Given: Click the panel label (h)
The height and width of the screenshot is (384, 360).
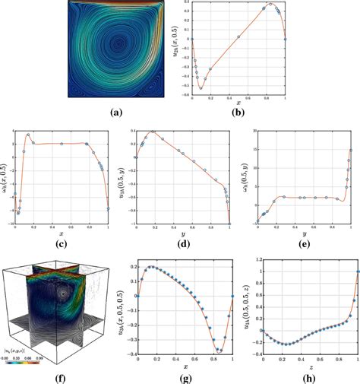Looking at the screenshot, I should [x=308, y=374].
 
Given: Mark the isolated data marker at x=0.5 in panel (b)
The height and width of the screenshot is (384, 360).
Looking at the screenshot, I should [x=238, y=36].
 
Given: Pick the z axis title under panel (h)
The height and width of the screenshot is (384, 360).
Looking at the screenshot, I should [x=308, y=363].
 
